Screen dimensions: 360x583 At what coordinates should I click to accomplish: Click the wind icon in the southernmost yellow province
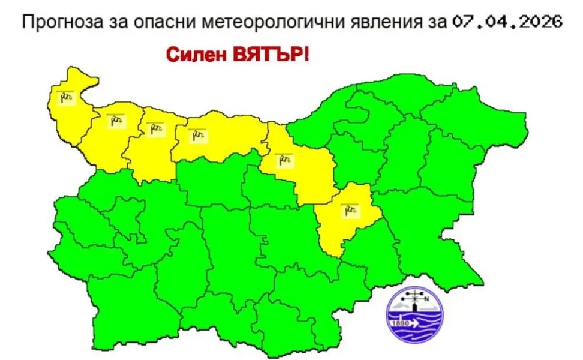click(x=349, y=210)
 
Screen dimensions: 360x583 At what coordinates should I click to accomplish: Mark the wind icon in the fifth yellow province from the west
click(x=283, y=159)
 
